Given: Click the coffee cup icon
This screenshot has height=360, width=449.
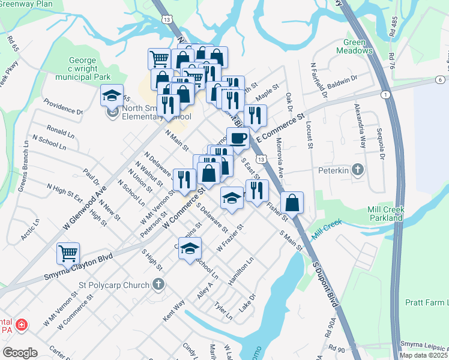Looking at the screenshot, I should pos(238,137).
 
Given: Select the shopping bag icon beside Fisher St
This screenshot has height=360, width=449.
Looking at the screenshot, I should pos(292,203).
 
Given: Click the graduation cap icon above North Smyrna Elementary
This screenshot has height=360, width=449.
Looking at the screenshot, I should pos(112,96).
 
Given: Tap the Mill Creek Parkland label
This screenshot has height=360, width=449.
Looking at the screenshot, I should pos(376,214).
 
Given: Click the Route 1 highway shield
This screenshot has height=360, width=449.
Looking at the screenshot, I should pos(384,94).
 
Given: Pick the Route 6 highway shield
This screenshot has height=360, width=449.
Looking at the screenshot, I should pos(440,80).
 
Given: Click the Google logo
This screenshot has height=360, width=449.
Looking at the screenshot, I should pos(20,352).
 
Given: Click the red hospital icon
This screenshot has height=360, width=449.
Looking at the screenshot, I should pos(22,325).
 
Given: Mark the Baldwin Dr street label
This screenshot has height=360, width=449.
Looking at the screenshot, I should pos(342,79).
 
